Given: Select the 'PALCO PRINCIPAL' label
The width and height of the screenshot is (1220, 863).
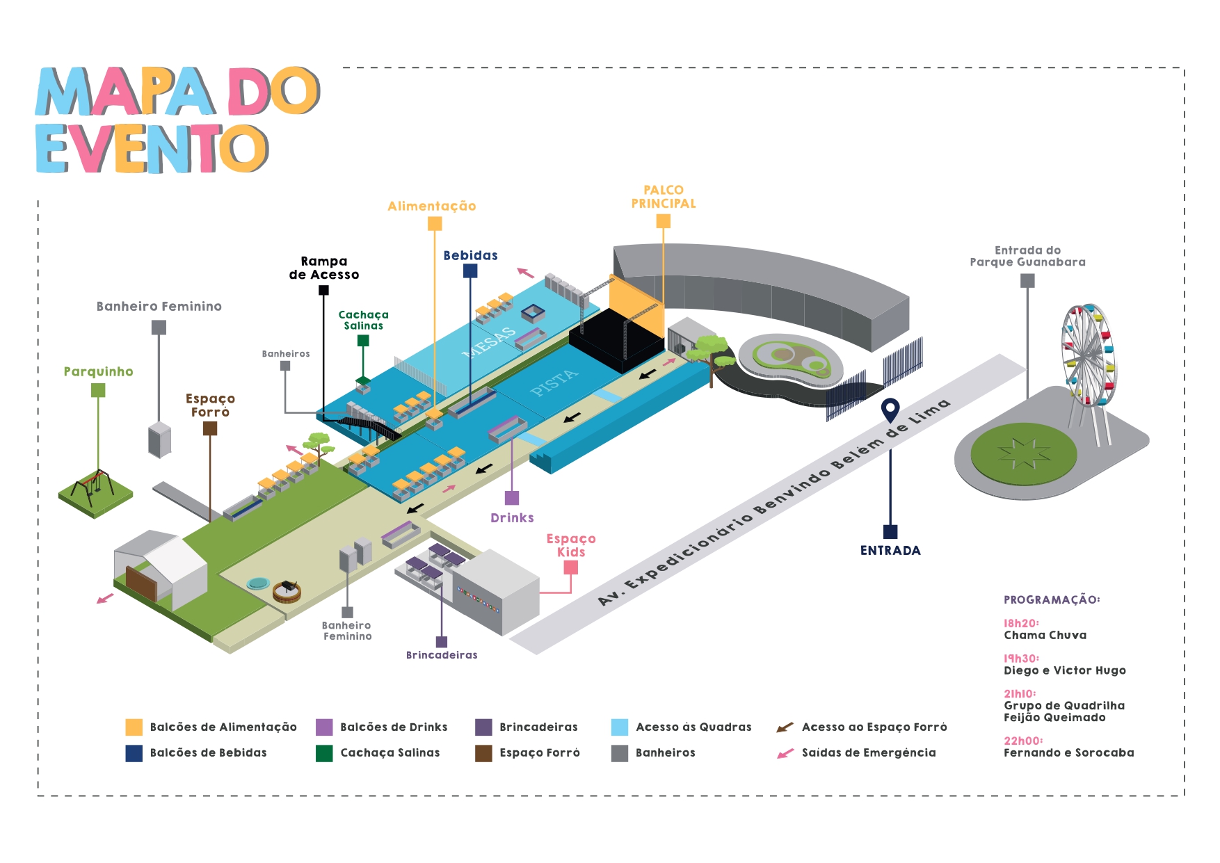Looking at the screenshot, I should click(x=663, y=197).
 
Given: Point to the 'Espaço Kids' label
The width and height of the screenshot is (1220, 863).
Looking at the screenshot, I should click(x=571, y=545).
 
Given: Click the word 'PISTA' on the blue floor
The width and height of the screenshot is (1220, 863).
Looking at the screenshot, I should click(x=554, y=382).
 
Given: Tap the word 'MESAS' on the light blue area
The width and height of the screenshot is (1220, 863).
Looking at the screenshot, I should click(x=490, y=341).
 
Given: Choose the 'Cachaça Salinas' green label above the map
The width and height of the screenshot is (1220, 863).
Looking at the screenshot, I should click(x=363, y=320).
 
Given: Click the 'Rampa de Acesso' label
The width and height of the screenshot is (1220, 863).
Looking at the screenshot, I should click(x=324, y=268).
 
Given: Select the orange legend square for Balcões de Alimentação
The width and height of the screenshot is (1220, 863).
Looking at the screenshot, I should click(x=134, y=727).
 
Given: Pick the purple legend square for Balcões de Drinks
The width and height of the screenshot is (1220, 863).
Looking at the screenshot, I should click(x=324, y=727).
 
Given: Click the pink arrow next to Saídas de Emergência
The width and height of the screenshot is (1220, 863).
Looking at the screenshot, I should click(x=785, y=753).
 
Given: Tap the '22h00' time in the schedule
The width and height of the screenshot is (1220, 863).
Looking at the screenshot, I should click(x=1022, y=741).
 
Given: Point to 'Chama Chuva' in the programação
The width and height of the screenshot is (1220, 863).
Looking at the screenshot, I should click(x=1045, y=635).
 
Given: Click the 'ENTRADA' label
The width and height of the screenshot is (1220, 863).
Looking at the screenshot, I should click(x=890, y=550).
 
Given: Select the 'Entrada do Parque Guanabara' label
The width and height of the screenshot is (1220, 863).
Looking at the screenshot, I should click(x=1027, y=256).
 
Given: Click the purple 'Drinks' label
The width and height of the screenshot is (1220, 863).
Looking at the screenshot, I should click(x=512, y=517).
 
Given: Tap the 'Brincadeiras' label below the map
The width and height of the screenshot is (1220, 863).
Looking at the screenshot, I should click(x=442, y=655).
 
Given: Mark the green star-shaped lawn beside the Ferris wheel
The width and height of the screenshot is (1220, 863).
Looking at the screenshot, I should click(x=1023, y=453).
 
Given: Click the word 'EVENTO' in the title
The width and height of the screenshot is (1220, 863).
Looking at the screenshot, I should click(x=152, y=149).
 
